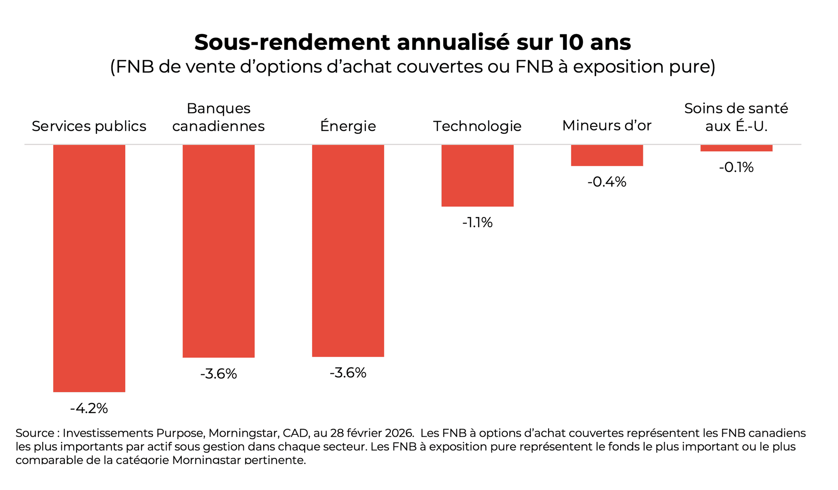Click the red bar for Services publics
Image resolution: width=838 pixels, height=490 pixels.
click(x=89, y=268)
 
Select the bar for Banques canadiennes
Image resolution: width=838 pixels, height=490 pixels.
click(x=218, y=251)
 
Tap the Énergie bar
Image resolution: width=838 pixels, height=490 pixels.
click(x=348, y=251)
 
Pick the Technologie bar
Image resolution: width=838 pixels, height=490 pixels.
click(x=477, y=175)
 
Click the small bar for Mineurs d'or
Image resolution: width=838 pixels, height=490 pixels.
click(x=607, y=155)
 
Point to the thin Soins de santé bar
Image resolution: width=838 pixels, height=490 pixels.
click(x=736, y=148)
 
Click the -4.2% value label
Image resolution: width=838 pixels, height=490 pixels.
click(x=89, y=408)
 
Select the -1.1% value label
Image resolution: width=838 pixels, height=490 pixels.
click(x=477, y=223)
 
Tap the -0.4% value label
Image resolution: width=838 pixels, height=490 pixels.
click(x=607, y=182)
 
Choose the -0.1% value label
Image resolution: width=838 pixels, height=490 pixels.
click(x=736, y=167)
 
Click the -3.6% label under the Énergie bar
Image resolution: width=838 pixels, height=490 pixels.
click(x=348, y=373)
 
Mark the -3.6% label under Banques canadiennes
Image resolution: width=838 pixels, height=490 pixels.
click(x=218, y=374)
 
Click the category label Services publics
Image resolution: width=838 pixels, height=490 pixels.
click(x=89, y=126)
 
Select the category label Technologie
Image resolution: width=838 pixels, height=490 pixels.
click(x=477, y=126)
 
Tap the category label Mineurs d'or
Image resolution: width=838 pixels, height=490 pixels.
click(x=607, y=126)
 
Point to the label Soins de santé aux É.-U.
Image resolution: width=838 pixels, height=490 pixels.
click(x=736, y=117)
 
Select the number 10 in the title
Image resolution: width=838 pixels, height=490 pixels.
click(x=571, y=42)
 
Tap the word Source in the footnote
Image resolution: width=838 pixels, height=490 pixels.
click(x=35, y=433)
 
